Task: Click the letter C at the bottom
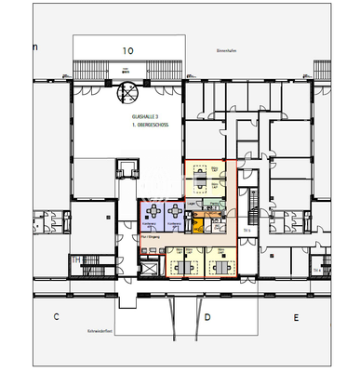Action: point(56,317)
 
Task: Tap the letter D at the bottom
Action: point(207,317)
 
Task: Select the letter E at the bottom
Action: point(296,317)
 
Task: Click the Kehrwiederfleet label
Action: point(126,330)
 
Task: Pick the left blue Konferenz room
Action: point(150,218)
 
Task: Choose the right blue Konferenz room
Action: point(174,218)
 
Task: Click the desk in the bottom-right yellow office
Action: point(220,266)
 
